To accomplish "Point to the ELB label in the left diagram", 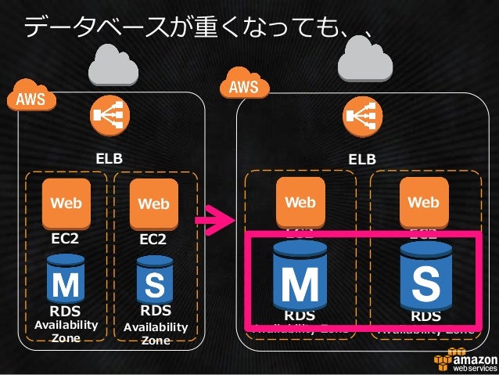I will pos(109,159).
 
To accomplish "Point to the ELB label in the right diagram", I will pos(361,159).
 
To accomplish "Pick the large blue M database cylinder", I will pos(300,277).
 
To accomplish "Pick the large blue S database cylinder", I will pos(425,276).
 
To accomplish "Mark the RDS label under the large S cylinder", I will pos(425,316).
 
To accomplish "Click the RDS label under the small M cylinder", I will pos(64,312).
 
